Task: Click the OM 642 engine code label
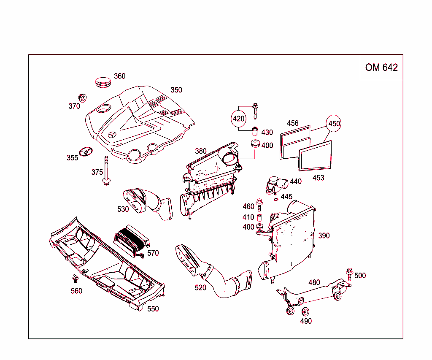[x=381, y=68]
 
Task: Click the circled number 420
[x=239, y=119]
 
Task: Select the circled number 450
[x=334, y=124]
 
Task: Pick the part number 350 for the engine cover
[x=176, y=90]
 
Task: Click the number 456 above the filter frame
[x=293, y=123]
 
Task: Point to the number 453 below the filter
[x=318, y=178]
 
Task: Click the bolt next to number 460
[x=260, y=205]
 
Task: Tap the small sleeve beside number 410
[x=260, y=218]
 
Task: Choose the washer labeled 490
[x=305, y=312]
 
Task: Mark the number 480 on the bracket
[x=314, y=282]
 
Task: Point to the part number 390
[x=324, y=235]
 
